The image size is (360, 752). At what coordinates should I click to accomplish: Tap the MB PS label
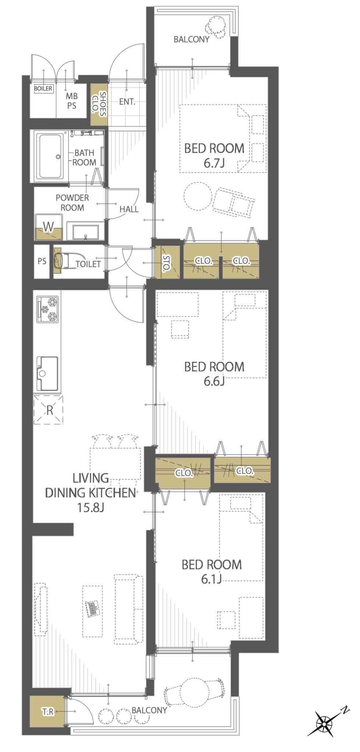point(72,101)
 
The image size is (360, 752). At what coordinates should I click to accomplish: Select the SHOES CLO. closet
point(99,105)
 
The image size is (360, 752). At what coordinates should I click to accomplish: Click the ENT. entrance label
point(127,102)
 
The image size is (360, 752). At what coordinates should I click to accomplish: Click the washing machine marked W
point(49,227)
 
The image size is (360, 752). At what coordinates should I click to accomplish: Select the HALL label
point(129,209)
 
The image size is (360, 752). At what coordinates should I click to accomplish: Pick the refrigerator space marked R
point(49,410)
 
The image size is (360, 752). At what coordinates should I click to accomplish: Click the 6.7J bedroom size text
point(214,163)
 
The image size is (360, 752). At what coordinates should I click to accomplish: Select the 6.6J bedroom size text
point(214,381)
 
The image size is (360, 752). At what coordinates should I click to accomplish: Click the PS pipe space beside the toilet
point(42,261)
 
